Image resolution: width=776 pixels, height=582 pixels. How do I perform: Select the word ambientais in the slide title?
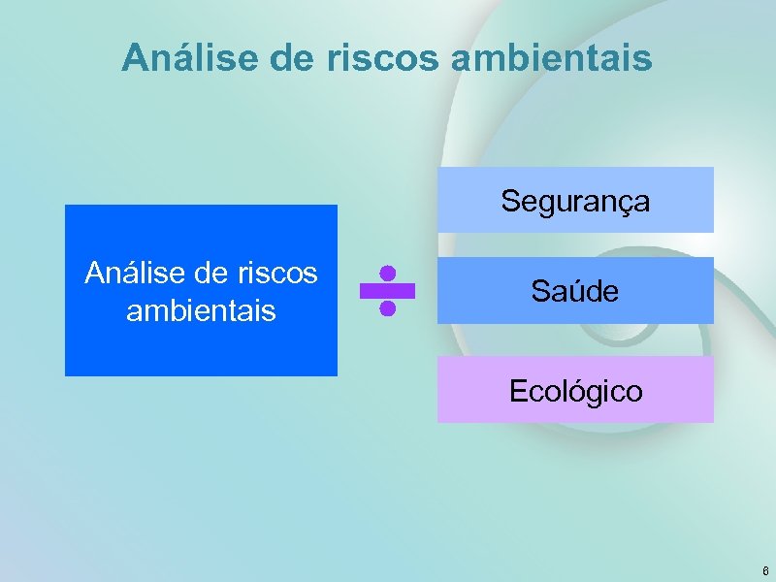(x=551, y=58)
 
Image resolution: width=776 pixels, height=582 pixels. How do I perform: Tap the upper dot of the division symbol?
(x=387, y=273)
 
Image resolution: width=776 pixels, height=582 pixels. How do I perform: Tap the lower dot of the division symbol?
(x=387, y=308)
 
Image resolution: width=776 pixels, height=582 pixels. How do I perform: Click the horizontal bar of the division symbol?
(x=387, y=290)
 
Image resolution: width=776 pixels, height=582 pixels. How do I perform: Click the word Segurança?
(x=575, y=202)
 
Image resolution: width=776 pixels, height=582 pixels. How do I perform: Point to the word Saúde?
(x=575, y=290)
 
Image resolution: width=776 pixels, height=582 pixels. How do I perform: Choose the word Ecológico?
(x=575, y=391)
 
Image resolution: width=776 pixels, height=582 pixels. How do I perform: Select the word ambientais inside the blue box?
(x=201, y=311)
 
